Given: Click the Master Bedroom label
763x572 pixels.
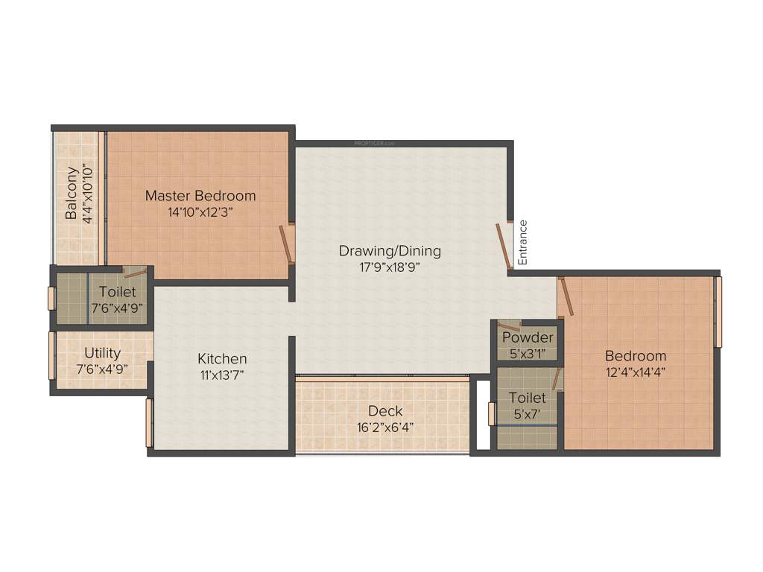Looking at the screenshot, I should [200, 196].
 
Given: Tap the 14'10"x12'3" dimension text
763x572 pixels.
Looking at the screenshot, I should [200, 212].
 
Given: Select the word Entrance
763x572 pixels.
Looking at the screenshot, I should [523, 242].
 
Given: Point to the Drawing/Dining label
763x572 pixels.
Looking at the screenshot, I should [390, 251].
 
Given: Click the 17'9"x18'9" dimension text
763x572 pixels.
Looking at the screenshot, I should [390, 267].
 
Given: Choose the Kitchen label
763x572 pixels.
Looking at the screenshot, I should [222, 359].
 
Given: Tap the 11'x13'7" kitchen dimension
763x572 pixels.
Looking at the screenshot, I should [222, 375].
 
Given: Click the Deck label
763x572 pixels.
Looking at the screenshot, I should [385, 410].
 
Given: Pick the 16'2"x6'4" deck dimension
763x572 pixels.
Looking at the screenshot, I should [385, 428].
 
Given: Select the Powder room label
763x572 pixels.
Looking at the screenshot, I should [528, 337].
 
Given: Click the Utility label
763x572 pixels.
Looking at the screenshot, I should [102, 352].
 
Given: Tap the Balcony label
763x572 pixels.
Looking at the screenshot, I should [72, 194].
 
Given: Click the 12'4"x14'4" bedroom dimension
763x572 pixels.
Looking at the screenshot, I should [636, 372].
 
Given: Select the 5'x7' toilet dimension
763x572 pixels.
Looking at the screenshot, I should [527, 413].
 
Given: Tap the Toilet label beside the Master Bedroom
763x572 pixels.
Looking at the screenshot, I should [118, 292].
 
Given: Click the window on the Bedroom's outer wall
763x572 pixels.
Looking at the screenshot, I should [718, 312].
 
